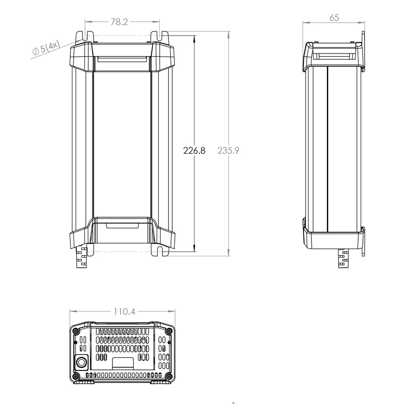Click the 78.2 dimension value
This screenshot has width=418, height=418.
pyautogui.click(x=119, y=22)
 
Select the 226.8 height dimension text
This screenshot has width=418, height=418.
pyautogui.click(x=194, y=150)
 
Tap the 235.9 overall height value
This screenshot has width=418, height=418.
pyautogui.click(x=229, y=150)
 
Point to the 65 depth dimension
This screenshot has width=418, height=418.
pyautogui.click(x=334, y=18)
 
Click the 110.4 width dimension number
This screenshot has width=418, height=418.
pyautogui.click(x=125, y=311)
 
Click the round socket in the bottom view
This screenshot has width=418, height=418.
pyautogui.click(x=82, y=362)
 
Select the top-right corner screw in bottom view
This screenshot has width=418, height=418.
pyautogui.click(x=168, y=331)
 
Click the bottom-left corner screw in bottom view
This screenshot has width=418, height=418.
pyautogui.click(x=76, y=377)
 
